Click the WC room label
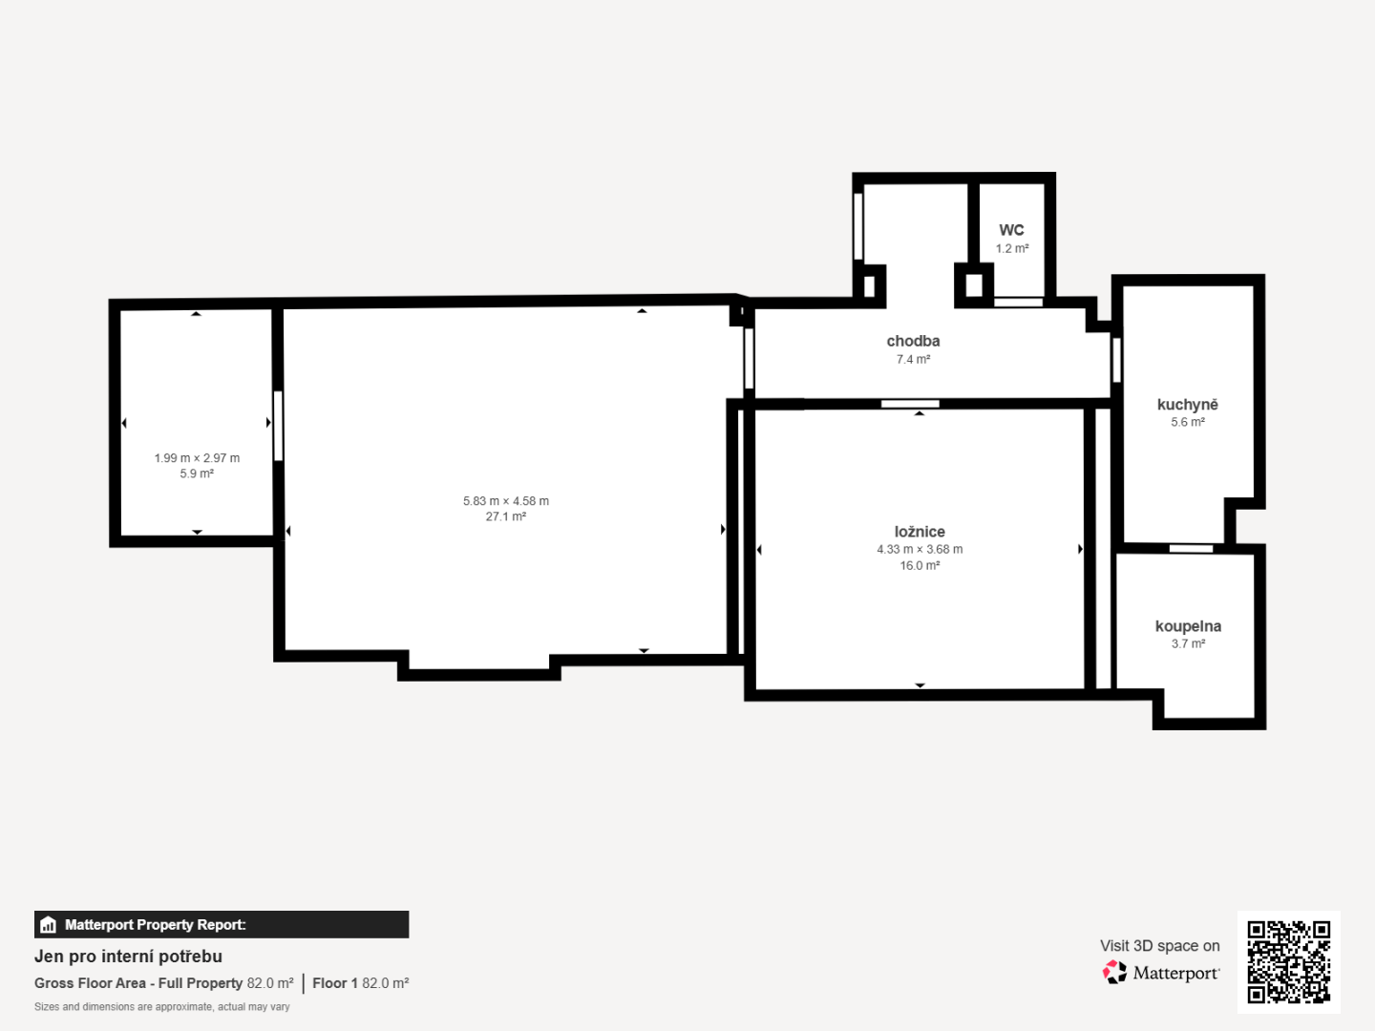click(x=1011, y=230)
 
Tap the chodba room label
click(x=914, y=341)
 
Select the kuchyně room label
click(x=1188, y=405)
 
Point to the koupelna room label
click(x=1189, y=626)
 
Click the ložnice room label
click(x=920, y=532)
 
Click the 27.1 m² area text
click(x=506, y=516)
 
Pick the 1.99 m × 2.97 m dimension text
click(x=197, y=458)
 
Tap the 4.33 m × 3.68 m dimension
click(x=920, y=550)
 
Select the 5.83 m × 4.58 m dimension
click(x=506, y=501)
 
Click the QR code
click(x=1288, y=962)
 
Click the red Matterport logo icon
click(x=1113, y=972)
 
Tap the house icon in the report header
click(x=49, y=925)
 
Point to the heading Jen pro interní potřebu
click(x=128, y=957)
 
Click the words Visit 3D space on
click(x=1159, y=946)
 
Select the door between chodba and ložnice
click(x=910, y=404)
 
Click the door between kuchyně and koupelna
click(x=1191, y=549)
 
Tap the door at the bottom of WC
click(x=1019, y=303)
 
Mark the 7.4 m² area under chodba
click(x=914, y=359)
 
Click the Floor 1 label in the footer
click(x=335, y=983)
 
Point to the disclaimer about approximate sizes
click(x=162, y=1007)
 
